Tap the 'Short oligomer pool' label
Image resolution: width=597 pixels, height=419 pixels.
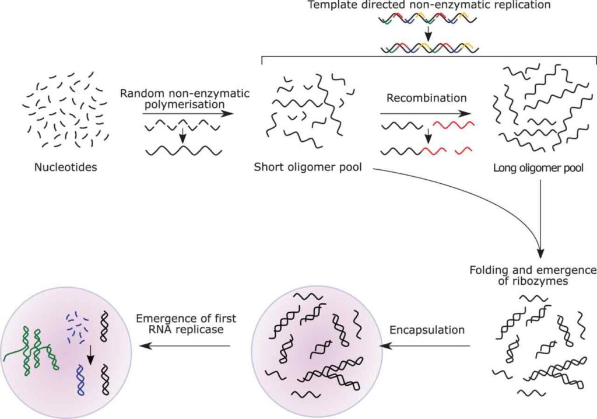(x=308, y=167)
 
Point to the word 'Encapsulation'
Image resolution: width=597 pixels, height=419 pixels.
(x=427, y=330)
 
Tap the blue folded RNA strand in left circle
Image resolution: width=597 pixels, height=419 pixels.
(x=81, y=382)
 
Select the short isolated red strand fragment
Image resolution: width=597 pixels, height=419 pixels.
(x=464, y=151)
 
